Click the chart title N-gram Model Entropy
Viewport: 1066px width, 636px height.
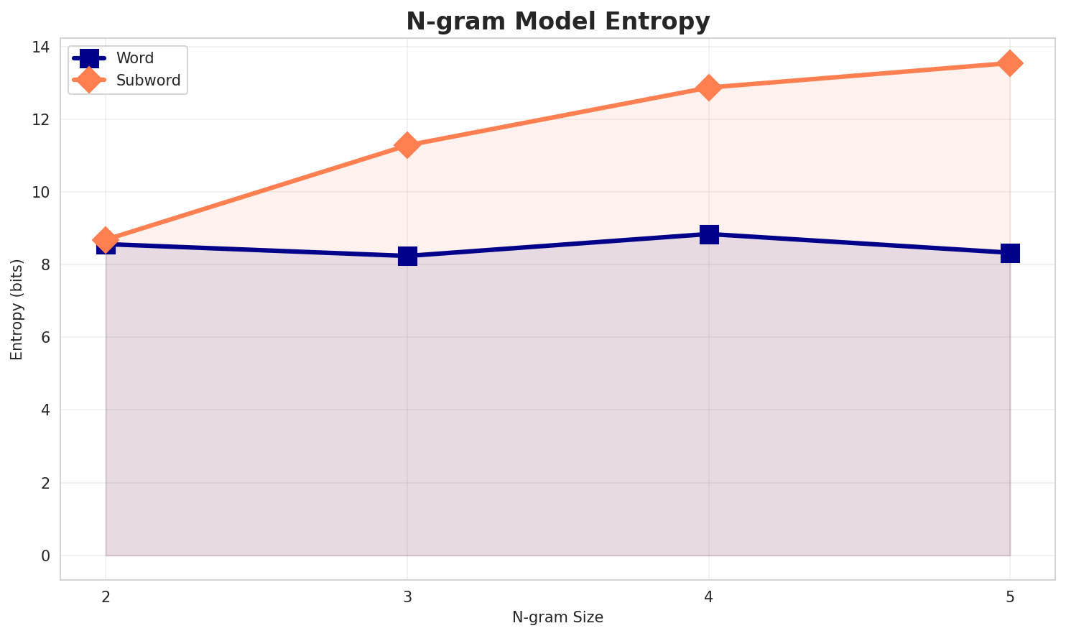click(557, 22)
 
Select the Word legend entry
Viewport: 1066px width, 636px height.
click(135, 58)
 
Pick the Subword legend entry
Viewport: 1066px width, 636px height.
click(148, 80)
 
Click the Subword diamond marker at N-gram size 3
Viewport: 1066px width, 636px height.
click(407, 145)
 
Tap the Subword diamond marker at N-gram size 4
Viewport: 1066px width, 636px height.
click(709, 88)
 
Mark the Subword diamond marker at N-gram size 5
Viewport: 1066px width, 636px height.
click(1010, 63)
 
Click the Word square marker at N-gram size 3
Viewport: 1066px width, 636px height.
click(407, 256)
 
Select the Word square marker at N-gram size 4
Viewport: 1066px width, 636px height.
click(709, 234)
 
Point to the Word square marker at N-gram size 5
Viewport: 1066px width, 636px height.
click(1010, 253)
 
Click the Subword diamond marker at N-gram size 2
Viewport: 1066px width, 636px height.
click(106, 240)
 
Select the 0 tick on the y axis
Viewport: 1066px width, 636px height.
click(46, 556)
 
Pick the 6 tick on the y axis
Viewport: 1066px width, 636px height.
click(46, 338)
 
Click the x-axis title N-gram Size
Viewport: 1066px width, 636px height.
click(557, 617)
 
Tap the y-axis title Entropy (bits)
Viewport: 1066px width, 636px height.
click(17, 309)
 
